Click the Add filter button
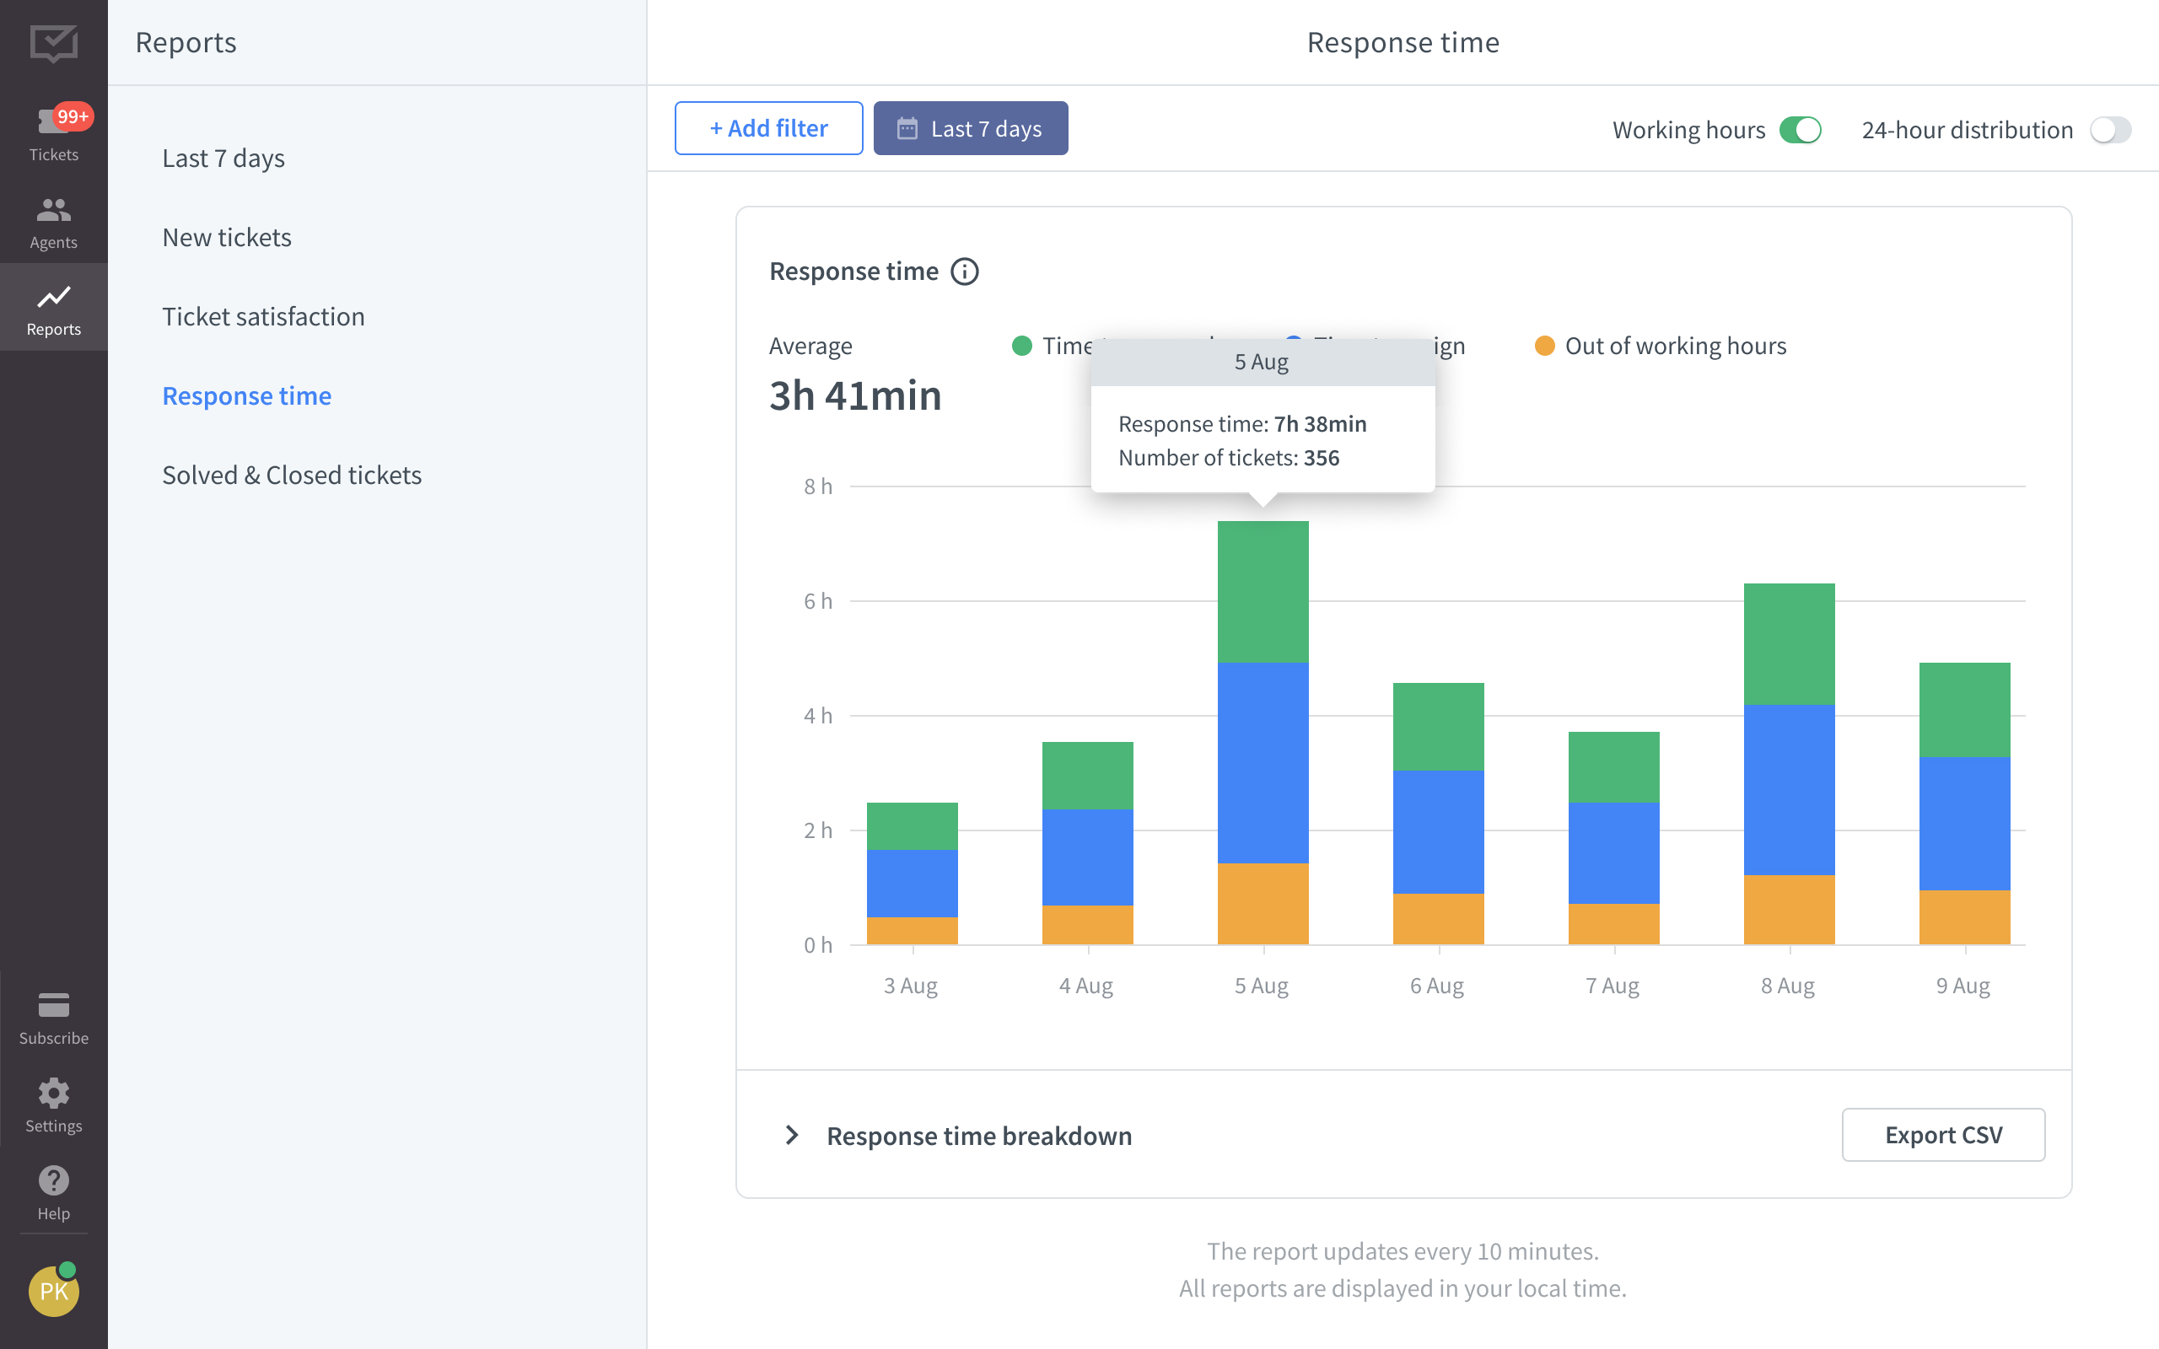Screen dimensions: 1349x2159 (x=768, y=128)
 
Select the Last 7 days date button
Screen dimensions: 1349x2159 (x=970, y=128)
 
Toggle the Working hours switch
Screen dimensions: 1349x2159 (x=1800, y=130)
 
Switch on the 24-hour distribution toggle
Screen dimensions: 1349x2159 (x=2109, y=130)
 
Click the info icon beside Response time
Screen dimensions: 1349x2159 (x=965, y=271)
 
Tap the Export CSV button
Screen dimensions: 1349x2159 (x=1942, y=1135)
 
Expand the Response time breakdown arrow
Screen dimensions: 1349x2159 (x=791, y=1135)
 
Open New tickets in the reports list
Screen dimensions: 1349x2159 (x=227, y=237)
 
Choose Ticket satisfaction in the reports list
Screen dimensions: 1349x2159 (x=263, y=317)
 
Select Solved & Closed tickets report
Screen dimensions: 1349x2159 (x=292, y=475)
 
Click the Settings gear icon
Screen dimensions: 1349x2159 (x=53, y=1094)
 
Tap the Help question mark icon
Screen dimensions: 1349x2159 (x=53, y=1181)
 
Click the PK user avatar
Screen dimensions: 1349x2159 (x=53, y=1291)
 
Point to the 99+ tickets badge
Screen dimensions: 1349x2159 (x=73, y=117)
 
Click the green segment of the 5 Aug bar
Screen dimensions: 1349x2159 (x=1263, y=592)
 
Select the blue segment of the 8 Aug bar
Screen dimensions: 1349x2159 (x=1789, y=790)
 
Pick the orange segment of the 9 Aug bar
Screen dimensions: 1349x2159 (x=1963, y=916)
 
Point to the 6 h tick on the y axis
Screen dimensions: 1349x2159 (x=817, y=601)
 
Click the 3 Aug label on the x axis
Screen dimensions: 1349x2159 (x=910, y=986)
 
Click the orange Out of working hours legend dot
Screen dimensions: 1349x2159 (x=1544, y=347)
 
